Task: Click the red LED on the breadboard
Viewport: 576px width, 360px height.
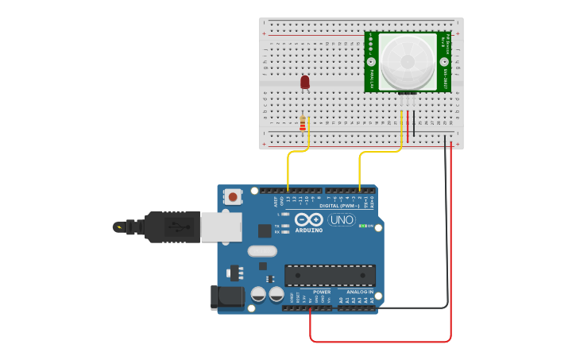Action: pyautogui.click(x=304, y=82)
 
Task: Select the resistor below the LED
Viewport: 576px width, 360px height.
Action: pyautogui.click(x=303, y=124)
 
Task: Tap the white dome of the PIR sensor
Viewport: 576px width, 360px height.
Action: pyautogui.click(x=408, y=61)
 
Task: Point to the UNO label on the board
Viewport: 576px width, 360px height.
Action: pyautogui.click(x=342, y=219)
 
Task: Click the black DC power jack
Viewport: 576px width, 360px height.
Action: pyautogui.click(x=226, y=297)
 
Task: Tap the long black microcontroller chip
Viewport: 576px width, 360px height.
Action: pyautogui.click(x=330, y=275)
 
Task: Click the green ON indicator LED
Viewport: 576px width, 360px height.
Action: pyautogui.click(x=364, y=226)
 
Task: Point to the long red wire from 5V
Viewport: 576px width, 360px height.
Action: pyautogui.click(x=381, y=341)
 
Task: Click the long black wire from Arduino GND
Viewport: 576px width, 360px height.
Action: pyautogui.click(x=413, y=308)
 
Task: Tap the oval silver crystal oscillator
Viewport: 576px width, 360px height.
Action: pyautogui.click(x=262, y=251)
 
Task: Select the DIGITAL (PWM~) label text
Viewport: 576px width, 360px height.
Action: pyautogui.click(x=338, y=205)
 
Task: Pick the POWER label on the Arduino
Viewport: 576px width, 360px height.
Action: pyautogui.click(x=321, y=292)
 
